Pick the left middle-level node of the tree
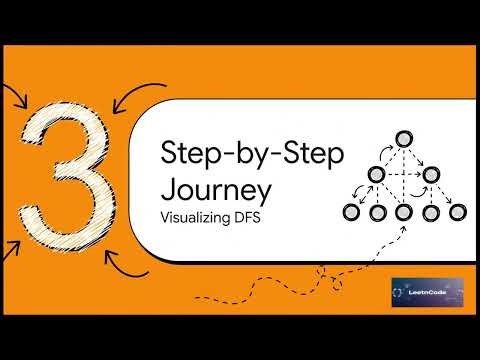pyautogui.click(x=377, y=175)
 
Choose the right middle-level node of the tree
pyautogui.click(x=432, y=175)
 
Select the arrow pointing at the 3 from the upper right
pyautogui.click(x=128, y=96)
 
